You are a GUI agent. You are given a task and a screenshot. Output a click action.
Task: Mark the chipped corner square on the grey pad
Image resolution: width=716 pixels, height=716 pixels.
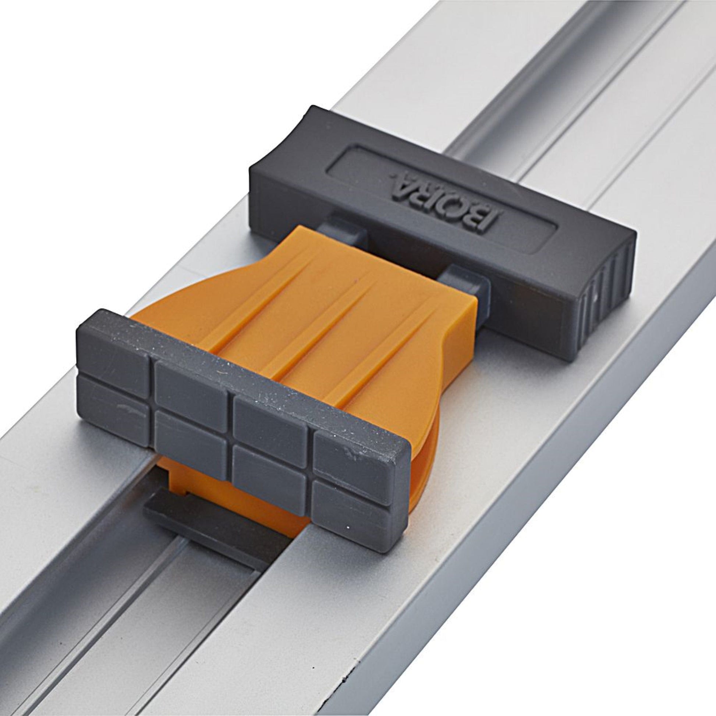coord(348,452)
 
